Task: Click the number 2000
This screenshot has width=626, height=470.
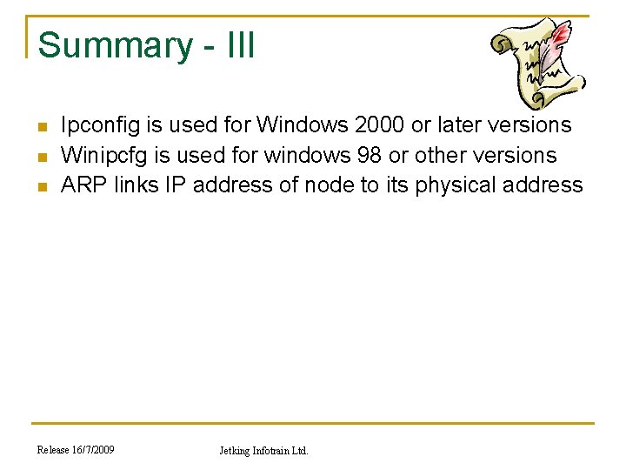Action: click(x=380, y=124)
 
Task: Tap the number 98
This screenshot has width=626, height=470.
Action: click(x=375, y=155)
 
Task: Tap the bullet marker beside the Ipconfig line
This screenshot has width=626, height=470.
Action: click(x=41, y=128)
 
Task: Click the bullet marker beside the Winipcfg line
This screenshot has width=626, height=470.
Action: click(x=41, y=158)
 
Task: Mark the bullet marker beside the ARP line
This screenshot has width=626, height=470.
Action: click(x=41, y=188)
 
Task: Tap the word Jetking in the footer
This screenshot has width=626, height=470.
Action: click(x=235, y=451)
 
